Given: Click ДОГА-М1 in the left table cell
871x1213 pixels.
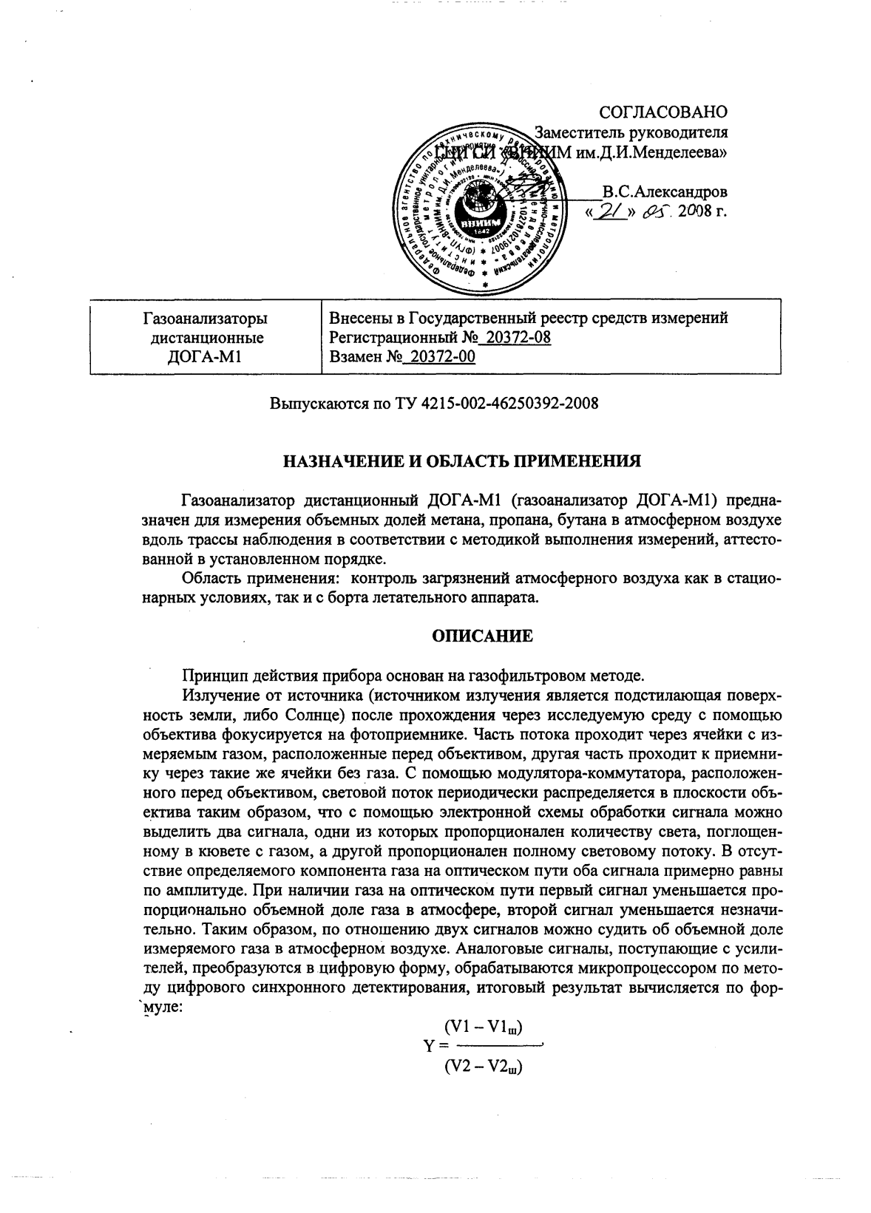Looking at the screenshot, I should (x=206, y=358).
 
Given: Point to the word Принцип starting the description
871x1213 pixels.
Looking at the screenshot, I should (x=211, y=676).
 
